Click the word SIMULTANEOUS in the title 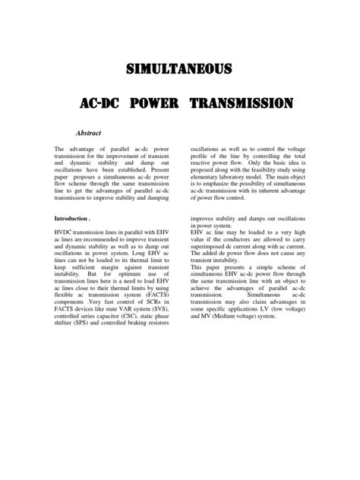tap(180, 71)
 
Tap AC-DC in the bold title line tap(98, 103)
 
